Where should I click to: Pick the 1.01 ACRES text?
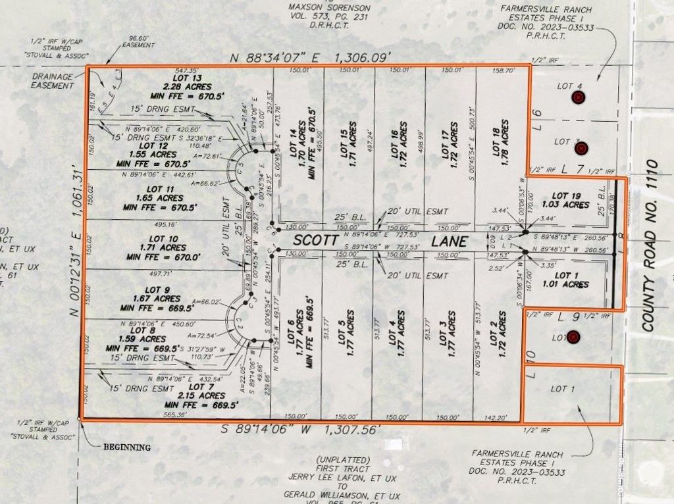click(x=565, y=284)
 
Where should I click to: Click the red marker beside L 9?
click(x=573, y=338)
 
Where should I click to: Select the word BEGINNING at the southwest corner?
click(x=127, y=447)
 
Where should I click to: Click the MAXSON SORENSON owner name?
click(x=329, y=8)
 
